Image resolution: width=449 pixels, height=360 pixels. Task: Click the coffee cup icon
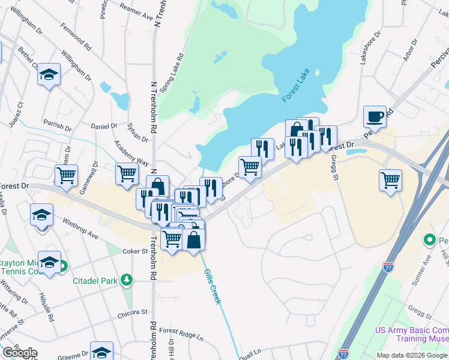pos(375,116)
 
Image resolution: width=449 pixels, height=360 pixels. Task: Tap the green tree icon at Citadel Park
pos(127,280)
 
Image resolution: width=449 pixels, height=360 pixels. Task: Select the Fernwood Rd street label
pos(76,37)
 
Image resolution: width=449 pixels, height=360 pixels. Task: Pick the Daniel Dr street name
pos(104,126)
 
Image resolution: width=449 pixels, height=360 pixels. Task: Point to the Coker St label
pos(136,251)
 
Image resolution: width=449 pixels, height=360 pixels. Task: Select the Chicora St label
pos(133,313)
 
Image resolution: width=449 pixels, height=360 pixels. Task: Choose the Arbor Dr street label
pos(411,51)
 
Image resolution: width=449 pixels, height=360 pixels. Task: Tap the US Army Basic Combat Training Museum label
pos(412,334)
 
